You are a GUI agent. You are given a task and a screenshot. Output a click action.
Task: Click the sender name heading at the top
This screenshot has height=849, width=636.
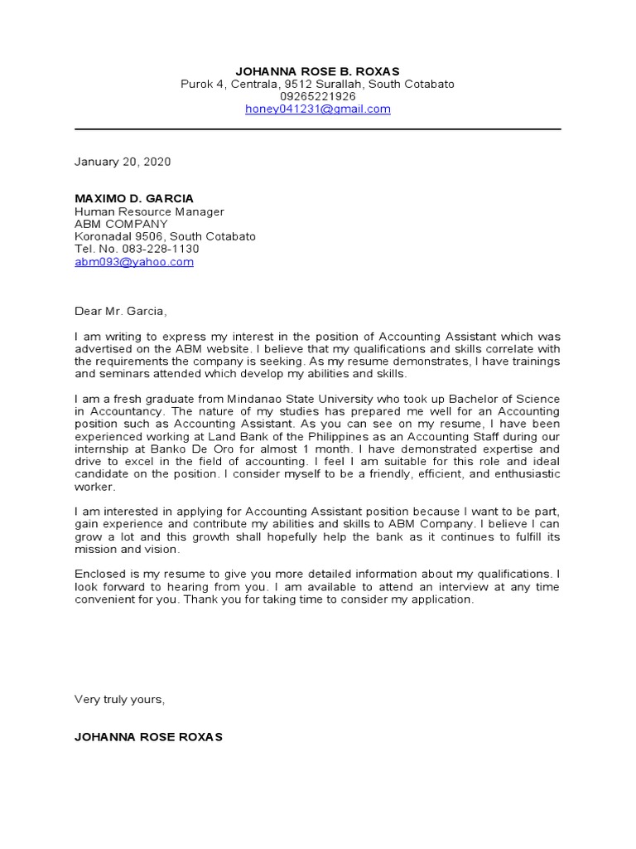(317, 71)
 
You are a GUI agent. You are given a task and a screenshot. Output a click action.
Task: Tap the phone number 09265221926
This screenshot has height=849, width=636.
(317, 96)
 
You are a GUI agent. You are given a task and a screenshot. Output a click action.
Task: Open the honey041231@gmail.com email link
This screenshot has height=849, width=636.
(317, 109)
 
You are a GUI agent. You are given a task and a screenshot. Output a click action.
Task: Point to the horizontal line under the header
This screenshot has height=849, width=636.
(317, 129)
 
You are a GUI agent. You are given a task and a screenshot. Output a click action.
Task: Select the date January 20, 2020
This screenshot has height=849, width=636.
(123, 162)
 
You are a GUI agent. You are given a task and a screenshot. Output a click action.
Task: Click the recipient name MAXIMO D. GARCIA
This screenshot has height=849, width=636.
(134, 199)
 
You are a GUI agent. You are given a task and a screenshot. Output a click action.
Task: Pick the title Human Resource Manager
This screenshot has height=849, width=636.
(149, 211)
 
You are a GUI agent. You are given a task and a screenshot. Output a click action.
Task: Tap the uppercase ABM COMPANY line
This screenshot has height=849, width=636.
(121, 224)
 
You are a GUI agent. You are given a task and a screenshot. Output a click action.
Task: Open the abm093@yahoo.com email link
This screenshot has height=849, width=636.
(134, 261)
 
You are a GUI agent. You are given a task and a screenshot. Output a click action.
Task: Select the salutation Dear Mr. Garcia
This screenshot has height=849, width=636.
(121, 312)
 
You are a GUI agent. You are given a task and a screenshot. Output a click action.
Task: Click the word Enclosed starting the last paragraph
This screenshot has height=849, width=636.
(100, 574)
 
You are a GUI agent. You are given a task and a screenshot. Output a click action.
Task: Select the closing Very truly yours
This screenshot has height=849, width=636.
(120, 699)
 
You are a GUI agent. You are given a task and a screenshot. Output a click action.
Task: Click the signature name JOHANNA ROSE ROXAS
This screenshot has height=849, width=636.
(148, 736)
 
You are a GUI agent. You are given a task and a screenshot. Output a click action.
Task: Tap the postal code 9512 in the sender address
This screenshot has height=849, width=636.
(296, 84)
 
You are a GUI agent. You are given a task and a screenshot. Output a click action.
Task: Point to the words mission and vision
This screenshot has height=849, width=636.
(126, 549)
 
